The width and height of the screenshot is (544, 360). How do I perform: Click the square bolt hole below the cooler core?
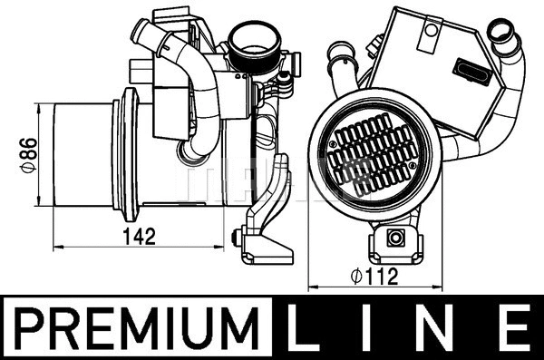394,238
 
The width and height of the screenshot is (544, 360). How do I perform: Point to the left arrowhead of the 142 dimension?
57,247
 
